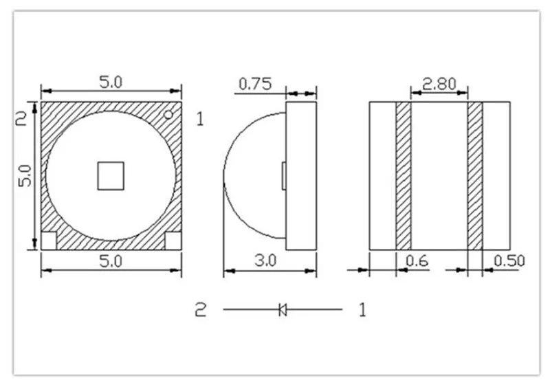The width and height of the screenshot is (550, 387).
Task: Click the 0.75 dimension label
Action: (x=255, y=85)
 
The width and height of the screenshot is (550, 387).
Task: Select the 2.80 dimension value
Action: (x=439, y=85)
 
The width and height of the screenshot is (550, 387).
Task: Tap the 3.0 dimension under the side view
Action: (x=265, y=261)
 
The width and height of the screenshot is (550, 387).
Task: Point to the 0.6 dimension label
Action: (x=417, y=261)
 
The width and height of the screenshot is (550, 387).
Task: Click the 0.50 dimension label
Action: (x=509, y=261)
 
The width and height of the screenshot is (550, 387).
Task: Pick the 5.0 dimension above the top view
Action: (x=111, y=82)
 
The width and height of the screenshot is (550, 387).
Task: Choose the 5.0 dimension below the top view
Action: (x=111, y=261)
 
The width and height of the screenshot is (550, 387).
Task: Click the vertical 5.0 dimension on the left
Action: (x=25, y=176)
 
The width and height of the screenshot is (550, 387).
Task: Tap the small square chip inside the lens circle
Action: (x=111, y=176)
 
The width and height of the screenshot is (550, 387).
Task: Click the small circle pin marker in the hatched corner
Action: (x=168, y=115)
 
